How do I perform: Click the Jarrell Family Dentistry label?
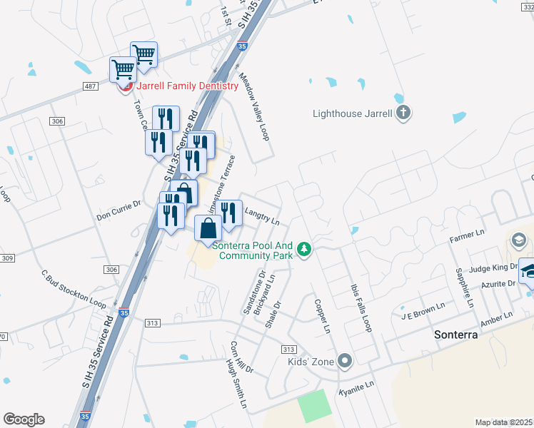click(186, 86)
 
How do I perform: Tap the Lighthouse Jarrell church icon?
click(403, 113)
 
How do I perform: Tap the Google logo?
click(24, 419)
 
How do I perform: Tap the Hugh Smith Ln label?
click(236, 384)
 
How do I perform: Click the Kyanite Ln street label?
click(356, 385)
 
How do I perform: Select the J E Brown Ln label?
click(423, 314)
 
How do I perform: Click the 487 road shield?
click(90, 86)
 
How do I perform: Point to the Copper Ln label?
click(323, 316)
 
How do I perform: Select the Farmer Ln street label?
click(468, 234)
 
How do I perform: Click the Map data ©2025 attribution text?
click(504, 422)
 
